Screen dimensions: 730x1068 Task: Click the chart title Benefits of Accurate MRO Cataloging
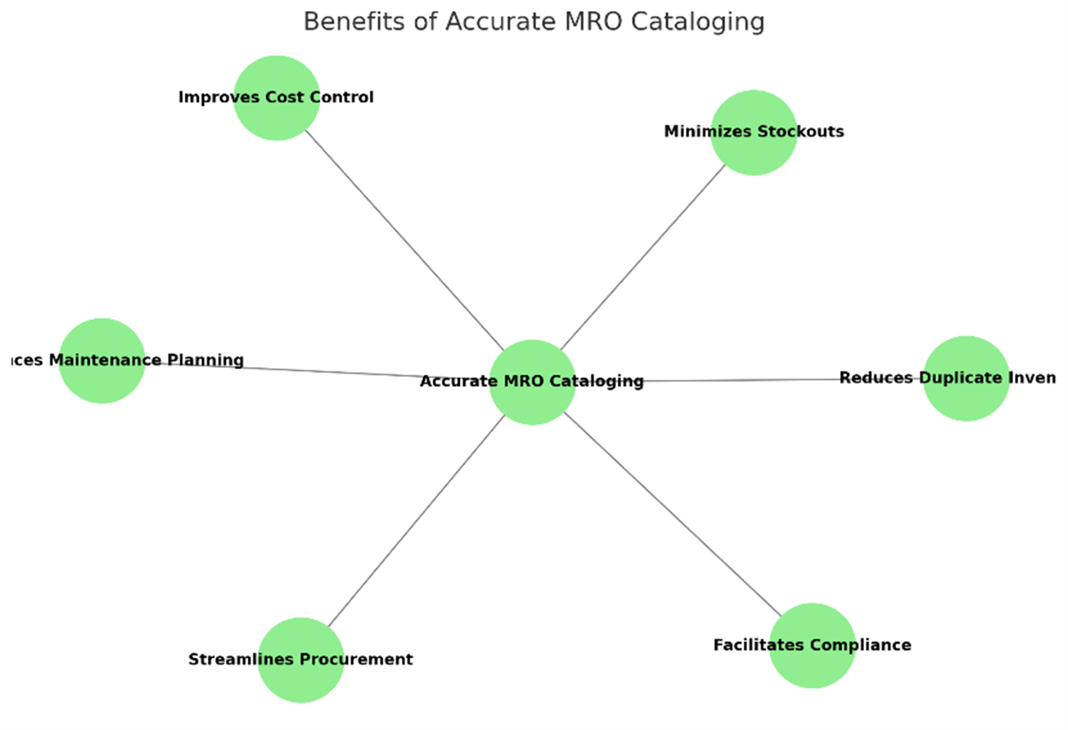coord(534,21)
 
